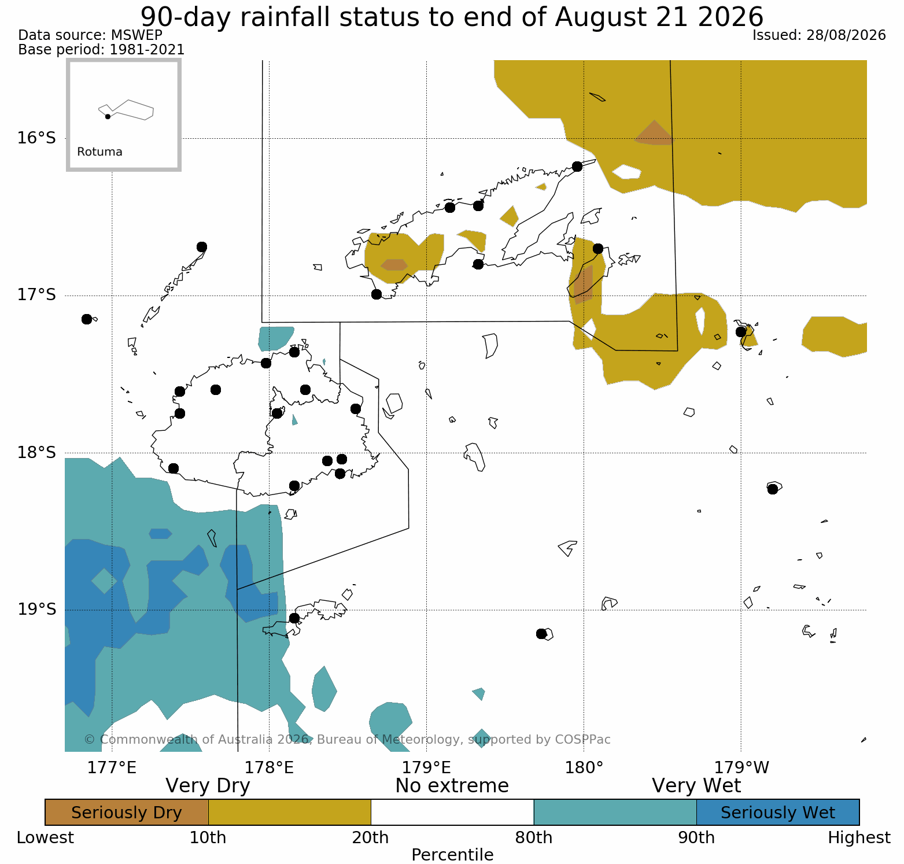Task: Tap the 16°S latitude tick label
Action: [x=36, y=138]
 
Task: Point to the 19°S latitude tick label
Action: [x=36, y=610]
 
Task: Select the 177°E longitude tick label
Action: [x=112, y=767]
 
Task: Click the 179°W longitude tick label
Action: [x=742, y=767]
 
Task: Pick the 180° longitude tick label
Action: [x=584, y=767]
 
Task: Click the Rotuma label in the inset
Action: [x=99, y=152]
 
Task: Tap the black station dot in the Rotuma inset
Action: [x=108, y=116]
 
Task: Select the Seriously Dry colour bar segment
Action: [x=127, y=813]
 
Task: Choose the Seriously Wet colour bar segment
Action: [x=778, y=813]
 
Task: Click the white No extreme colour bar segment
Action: [x=452, y=813]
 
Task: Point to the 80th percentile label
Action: [x=534, y=838]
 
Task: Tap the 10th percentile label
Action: [x=208, y=838]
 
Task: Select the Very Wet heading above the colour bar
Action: [x=696, y=786]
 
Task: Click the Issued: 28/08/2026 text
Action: [x=819, y=35]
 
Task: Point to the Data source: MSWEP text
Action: [x=90, y=35]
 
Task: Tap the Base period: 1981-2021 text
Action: [x=102, y=50]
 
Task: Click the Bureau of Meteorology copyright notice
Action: [x=347, y=740]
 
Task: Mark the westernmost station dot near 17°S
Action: [x=87, y=319]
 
